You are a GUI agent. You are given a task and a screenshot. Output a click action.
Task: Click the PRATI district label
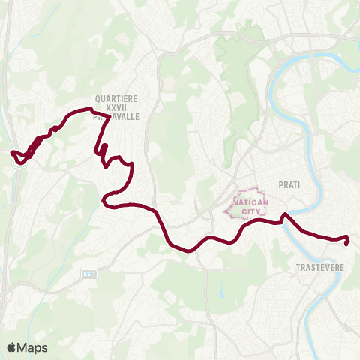click(289, 184)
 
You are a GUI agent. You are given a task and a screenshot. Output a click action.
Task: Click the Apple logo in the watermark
click(12, 347)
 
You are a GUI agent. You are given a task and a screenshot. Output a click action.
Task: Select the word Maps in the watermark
click(32, 347)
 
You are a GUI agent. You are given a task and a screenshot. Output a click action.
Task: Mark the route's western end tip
click(12, 153)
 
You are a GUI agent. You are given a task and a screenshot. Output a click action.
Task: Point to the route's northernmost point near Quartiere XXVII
click(78, 111)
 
